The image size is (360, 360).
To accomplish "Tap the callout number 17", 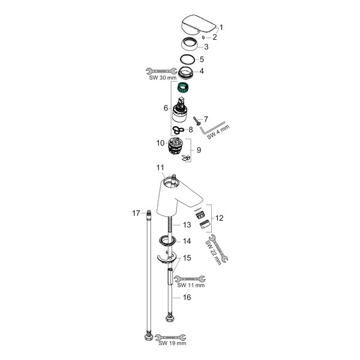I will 136,213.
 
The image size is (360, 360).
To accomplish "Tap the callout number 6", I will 165,108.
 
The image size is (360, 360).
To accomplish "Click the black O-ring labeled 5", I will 187,59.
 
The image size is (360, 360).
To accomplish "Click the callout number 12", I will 219,218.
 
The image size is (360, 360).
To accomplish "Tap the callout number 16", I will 187,296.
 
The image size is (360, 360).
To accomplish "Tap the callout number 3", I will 206,46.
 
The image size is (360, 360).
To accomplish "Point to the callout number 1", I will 221,27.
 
